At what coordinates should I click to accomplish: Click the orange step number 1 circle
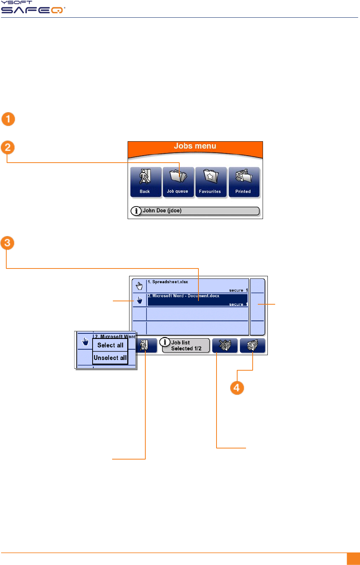8,119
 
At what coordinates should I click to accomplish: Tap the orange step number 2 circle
7,148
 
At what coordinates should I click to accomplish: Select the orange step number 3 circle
7,243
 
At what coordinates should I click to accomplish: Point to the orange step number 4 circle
237,388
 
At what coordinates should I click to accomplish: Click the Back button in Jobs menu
146,182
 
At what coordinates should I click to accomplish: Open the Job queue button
178,182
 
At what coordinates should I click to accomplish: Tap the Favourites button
211,182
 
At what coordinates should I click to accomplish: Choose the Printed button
244,182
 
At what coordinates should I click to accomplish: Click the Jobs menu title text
195,146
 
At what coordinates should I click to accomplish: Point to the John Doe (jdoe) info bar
195,211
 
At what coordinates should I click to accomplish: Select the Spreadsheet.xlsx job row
197,286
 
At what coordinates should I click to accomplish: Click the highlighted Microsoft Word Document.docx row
197,300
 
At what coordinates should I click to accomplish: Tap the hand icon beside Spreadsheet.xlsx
139,286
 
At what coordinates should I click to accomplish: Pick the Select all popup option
110,345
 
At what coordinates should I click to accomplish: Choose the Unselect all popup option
110,358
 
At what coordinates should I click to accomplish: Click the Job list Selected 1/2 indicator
186,346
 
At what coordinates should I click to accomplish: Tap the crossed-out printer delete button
225,346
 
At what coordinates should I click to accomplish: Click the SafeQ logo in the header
32,8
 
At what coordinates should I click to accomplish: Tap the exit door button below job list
144,346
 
